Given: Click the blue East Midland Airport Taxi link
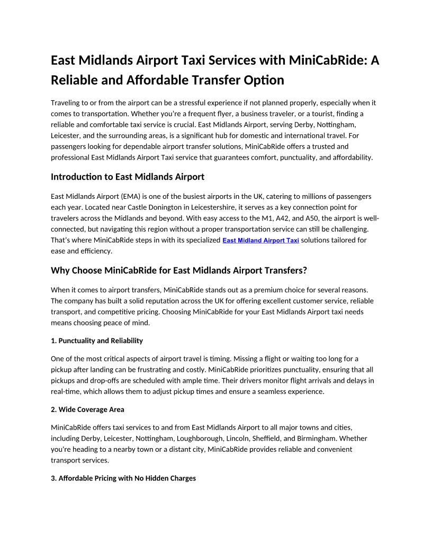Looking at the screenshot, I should (261, 241).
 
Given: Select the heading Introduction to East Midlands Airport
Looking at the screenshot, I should (127, 177).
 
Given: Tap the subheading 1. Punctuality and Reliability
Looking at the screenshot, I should (97, 340).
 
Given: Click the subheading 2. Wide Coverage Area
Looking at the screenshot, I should (87, 409).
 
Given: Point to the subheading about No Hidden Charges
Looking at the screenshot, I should (123, 478).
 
